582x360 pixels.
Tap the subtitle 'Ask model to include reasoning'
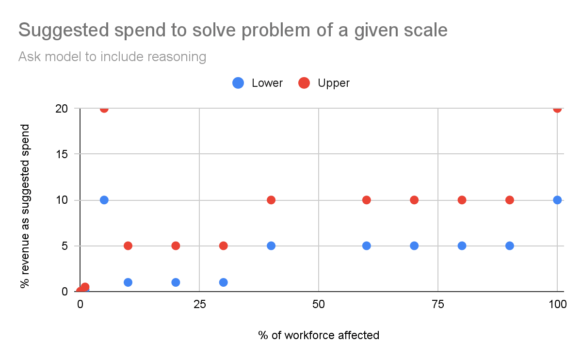[112, 57]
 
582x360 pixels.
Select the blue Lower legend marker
[238, 83]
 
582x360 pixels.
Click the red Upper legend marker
[304, 83]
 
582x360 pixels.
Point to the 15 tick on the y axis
[62, 154]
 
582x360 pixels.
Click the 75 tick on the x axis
[438, 304]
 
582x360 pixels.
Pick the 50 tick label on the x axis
[319, 304]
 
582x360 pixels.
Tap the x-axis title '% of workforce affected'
[319, 335]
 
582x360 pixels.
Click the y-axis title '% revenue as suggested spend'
[25, 206]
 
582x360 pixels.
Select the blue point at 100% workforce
[557, 200]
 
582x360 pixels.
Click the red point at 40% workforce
[271, 200]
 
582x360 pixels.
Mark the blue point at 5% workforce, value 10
[104, 200]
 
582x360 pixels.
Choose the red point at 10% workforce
[128, 245]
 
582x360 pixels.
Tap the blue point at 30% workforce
[224, 282]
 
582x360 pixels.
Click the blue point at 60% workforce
[366, 245]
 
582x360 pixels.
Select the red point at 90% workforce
[510, 200]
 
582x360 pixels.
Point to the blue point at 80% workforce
[462, 245]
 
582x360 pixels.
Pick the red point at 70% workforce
[414, 200]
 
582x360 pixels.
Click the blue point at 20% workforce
[176, 282]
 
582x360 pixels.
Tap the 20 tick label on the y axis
[62, 109]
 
